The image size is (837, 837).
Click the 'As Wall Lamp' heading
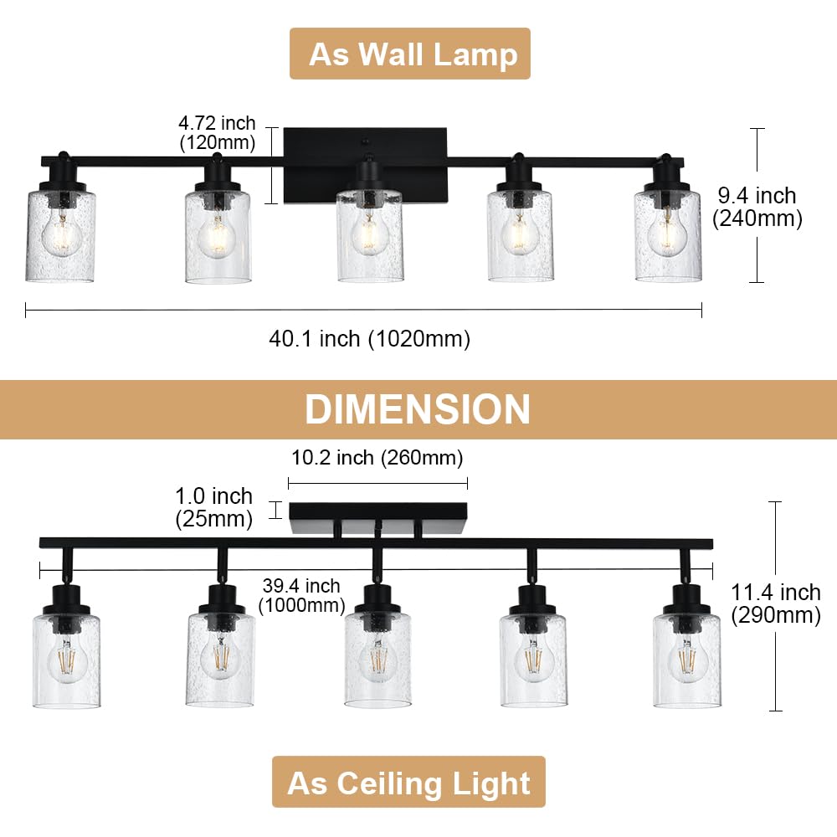pyautogui.click(x=410, y=54)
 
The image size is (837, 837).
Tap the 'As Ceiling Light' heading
pyautogui.click(x=408, y=783)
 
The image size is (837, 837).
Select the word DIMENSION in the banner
pyautogui.click(x=418, y=409)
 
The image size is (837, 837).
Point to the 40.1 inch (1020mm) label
pyautogui.click(x=369, y=339)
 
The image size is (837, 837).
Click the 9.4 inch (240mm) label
pyautogui.click(x=757, y=207)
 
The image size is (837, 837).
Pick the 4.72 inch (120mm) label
pyautogui.click(x=218, y=134)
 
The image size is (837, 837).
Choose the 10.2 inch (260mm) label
pyautogui.click(x=377, y=459)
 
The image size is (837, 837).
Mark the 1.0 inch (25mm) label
pyautogui.click(x=214, y=508)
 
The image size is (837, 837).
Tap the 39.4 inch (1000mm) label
pyautogui.click(x=300, y=595)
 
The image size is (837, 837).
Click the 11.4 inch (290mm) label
pyautogui.click(x=776, y=603)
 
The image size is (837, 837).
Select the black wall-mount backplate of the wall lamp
pyautogui.click(x=366, y=164)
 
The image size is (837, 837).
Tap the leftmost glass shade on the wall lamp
pyautogui.click(x=59, y=237)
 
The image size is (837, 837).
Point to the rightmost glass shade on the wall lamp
pyautogui.click(x=667, y=237)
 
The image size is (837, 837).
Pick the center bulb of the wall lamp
pyautogui.click(x=369, y=234)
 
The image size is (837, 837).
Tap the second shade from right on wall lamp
pyautogui.click(x=520, y=237)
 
